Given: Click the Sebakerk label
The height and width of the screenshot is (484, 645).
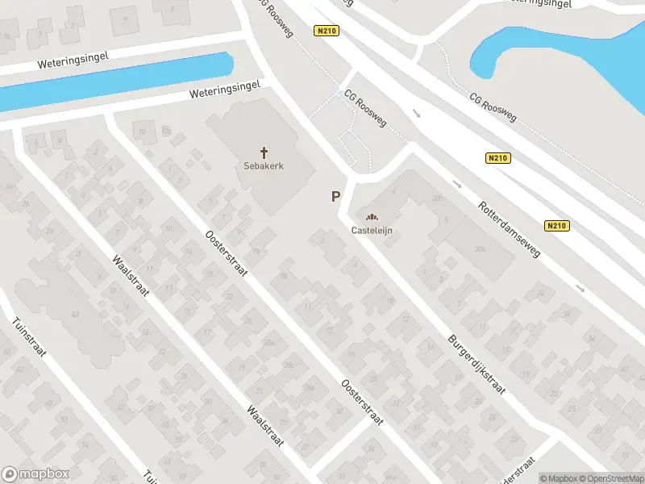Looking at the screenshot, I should tap(264, 166).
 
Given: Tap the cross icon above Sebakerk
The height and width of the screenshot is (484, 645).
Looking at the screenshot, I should tap(264, 152).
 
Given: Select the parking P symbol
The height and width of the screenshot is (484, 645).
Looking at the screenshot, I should tap(335, 196).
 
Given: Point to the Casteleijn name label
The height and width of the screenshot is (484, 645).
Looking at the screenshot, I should tap(372, 230).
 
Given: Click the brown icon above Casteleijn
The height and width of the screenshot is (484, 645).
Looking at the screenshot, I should tap(372, 216).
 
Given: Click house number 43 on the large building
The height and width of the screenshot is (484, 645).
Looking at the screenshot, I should tap(76, 314).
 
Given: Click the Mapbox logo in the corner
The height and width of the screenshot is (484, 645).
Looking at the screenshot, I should tap(35, 474).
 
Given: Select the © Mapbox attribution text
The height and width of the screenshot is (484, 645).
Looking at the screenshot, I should tap(558, 478).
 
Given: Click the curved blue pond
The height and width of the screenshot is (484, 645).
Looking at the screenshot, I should tap(564, 48).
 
